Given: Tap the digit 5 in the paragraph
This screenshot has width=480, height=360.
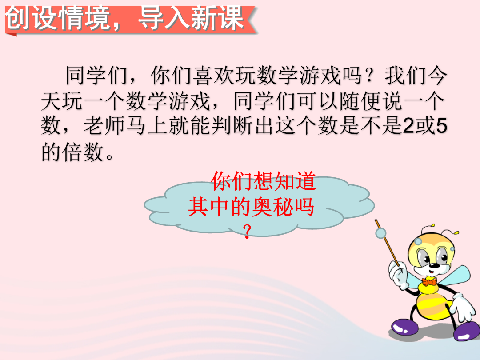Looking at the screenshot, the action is (x=441, y=126).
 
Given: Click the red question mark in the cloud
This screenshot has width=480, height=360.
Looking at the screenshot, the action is (x=248, y=232).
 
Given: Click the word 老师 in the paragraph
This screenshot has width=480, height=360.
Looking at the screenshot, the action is (x=104, y=126).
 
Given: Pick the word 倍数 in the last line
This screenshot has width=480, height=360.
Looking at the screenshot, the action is (x=83, y=152).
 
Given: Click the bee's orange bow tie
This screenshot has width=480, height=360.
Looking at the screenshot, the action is (x=429, y=281).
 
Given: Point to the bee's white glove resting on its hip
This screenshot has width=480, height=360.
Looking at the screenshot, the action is (x=463, y=307).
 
